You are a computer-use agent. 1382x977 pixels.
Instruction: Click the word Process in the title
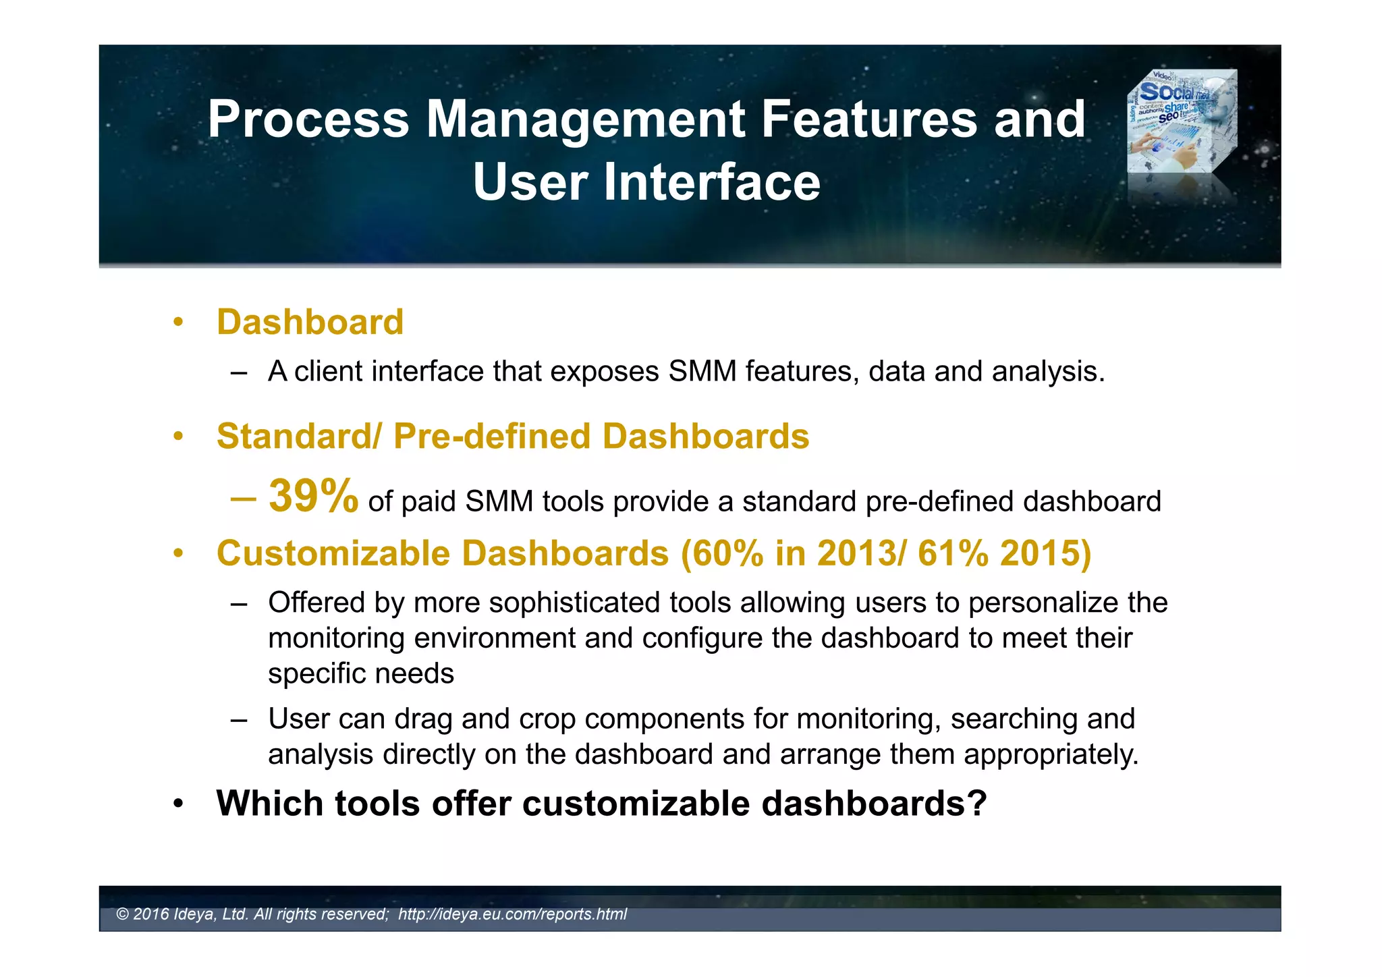[308, 119]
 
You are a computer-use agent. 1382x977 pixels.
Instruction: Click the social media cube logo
[1182, 121]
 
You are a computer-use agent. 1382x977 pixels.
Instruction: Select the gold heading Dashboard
[310, 322]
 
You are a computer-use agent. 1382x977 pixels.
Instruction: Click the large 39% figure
[313, 497]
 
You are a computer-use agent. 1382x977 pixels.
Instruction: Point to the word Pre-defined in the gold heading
[492, 437]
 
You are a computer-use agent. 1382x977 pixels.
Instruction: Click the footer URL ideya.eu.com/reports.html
[512, 914]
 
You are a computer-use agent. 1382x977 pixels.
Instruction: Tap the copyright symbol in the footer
[122, 914]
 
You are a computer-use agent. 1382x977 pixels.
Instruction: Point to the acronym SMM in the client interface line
[702, 372]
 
